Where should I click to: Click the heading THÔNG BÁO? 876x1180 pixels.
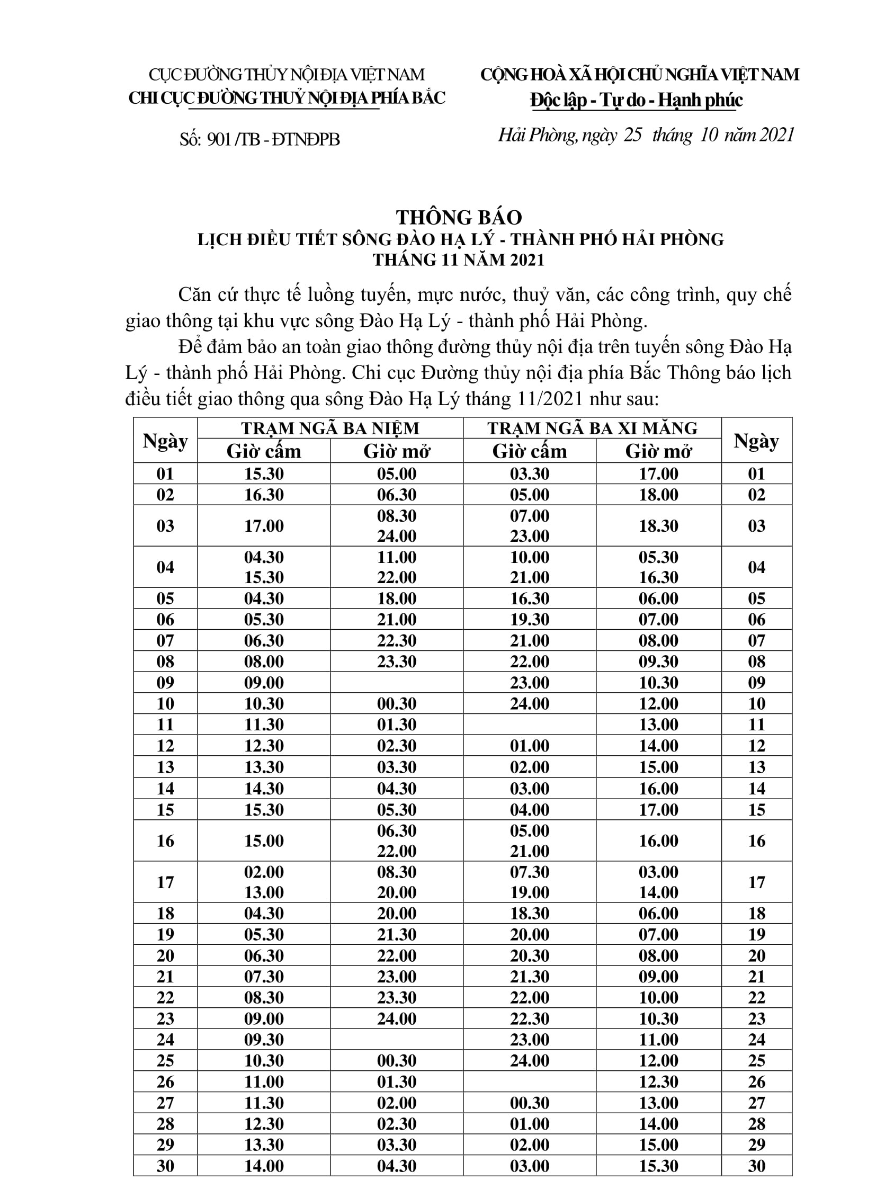459,218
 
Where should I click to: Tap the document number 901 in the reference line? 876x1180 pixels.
219,139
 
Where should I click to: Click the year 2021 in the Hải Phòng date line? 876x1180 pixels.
777,135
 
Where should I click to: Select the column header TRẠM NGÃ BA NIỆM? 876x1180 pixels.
330,428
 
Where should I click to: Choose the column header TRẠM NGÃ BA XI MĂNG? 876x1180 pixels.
592,428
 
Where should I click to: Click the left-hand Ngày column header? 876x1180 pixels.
165,441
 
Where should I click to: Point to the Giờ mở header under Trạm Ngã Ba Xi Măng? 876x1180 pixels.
658,451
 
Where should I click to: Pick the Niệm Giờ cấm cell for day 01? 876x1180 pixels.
264,473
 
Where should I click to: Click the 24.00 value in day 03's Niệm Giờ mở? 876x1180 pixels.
397,536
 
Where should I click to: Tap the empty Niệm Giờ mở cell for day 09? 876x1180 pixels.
397,683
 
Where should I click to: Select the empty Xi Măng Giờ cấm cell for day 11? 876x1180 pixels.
529,725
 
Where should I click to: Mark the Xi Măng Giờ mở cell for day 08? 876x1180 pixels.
658,661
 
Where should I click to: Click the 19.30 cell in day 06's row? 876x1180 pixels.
529,620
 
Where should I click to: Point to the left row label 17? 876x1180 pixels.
165,882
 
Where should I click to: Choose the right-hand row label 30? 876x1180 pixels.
756,1166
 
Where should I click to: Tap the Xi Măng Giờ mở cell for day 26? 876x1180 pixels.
658,1082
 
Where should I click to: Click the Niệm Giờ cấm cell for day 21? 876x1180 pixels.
264,977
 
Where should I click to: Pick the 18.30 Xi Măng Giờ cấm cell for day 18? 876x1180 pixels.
529,913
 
